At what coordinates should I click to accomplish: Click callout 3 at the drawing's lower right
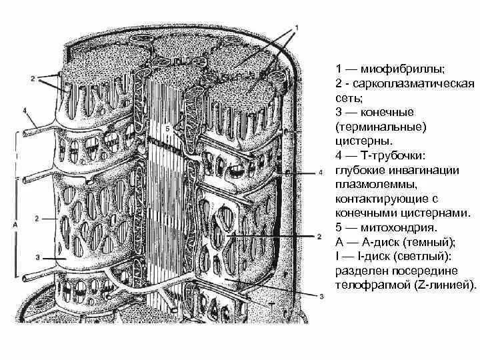pos(321,296)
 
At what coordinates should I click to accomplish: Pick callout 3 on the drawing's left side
pos(38,257)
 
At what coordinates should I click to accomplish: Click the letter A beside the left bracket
pos(15,225)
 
